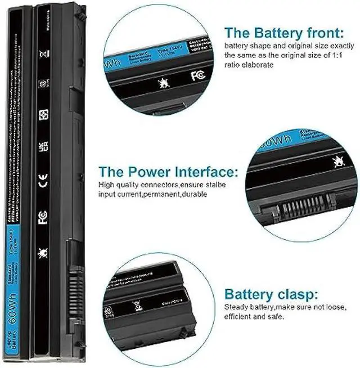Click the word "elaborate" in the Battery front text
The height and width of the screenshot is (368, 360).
tap(258, 65)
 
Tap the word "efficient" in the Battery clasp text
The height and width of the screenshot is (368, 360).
tap(238, 317)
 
